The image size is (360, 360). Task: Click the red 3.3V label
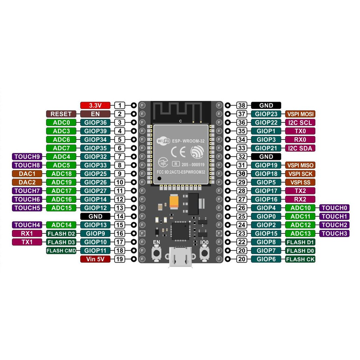(95, 105)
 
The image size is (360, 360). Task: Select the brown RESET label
(61, 114)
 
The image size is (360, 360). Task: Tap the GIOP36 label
(95, 122)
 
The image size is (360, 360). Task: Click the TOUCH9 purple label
(27, 156)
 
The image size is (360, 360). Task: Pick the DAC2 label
(27, 182)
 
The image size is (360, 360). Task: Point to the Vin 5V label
(95, 259)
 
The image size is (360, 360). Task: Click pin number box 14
(120, 217)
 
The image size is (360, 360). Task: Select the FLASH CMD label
(61, 251)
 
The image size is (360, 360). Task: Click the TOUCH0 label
(334, 208)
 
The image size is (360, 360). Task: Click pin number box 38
(241, 105)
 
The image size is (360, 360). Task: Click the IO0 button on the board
(204, 253)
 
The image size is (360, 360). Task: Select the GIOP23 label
(266, 114)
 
